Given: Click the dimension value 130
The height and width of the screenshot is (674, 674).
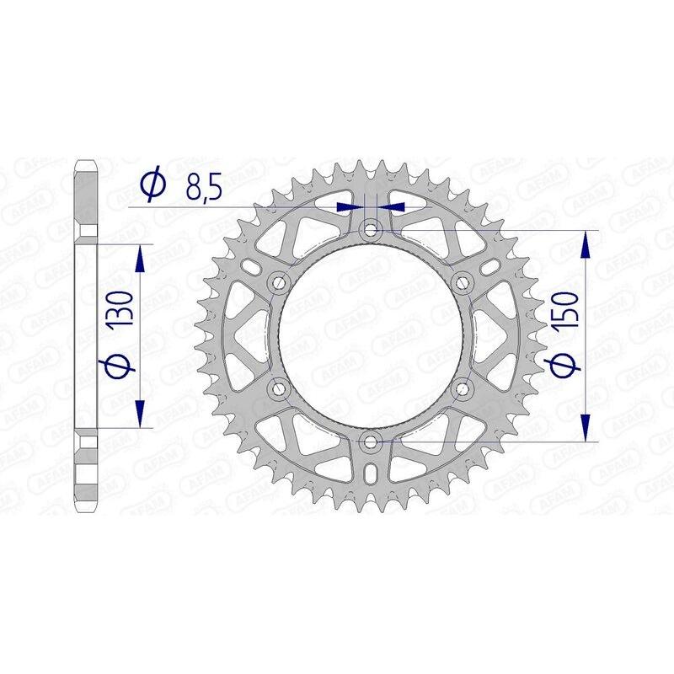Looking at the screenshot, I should (120, 311).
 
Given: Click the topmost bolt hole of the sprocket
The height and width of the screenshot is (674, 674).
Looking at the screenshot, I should (372, 229).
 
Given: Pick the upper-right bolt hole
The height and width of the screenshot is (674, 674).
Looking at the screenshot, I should (463, 282).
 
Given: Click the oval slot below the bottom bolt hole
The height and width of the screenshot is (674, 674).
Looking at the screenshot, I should (372, 476).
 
